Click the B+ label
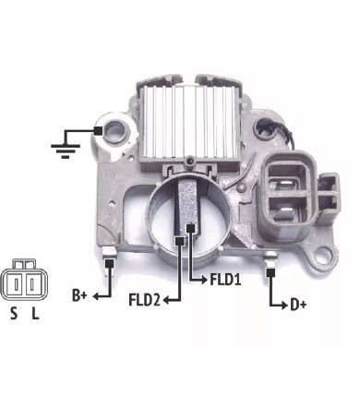79,295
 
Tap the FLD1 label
225,280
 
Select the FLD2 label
145,300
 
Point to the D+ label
298,306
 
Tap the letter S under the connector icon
14,314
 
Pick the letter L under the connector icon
36,314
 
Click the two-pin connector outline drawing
24,281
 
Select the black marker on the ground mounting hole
98,131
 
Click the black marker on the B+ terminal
109,263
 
